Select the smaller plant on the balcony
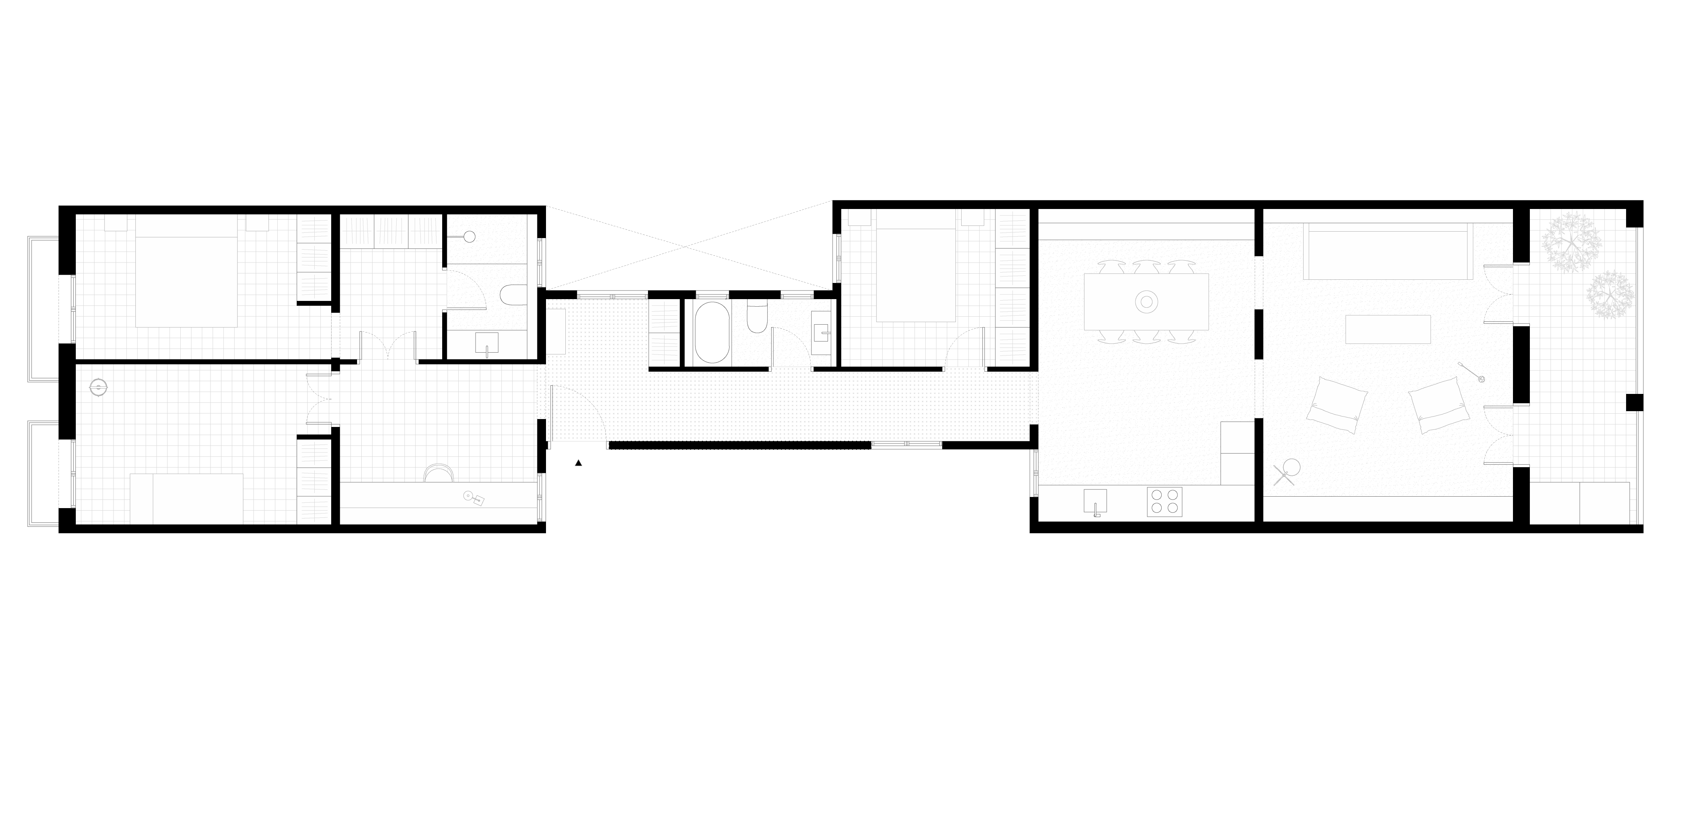coord(1610,294)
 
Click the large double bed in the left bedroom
coord(186,271)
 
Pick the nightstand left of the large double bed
coord(116,222)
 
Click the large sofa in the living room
coord(1388,251)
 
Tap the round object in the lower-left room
coord(98,387)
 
